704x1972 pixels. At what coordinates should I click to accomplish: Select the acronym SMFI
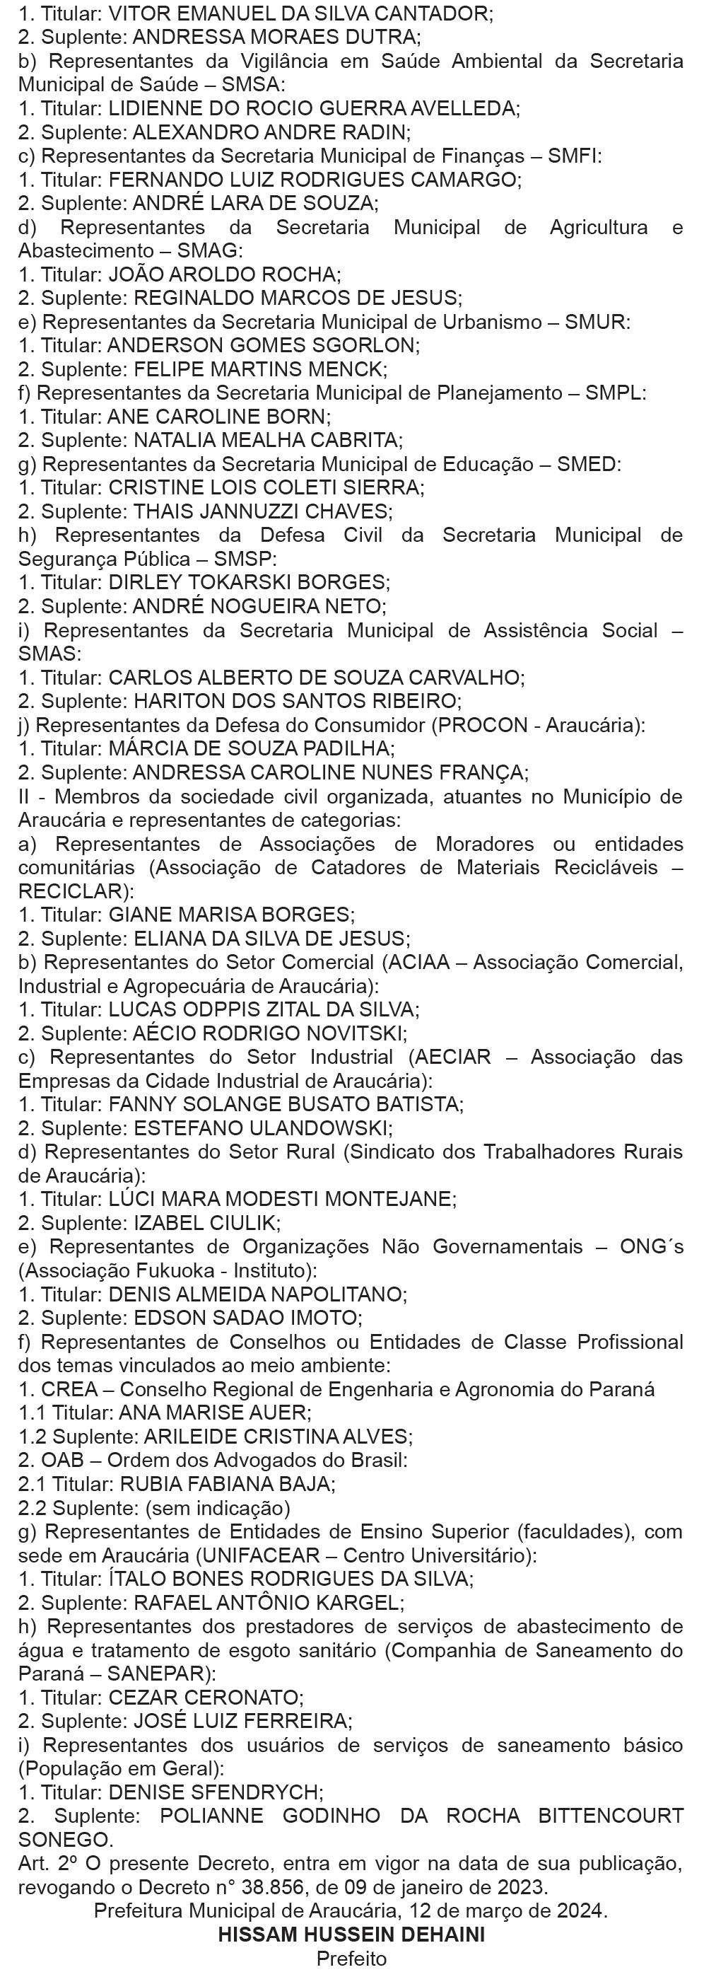pos(573,156)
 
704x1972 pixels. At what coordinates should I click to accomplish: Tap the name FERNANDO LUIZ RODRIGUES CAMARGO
pos(314,180)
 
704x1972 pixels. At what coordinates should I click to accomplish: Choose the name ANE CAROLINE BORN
pos(219,417)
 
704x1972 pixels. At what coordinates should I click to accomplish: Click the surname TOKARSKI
pos(250,583)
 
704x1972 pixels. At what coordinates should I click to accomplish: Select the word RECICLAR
pos(72,891)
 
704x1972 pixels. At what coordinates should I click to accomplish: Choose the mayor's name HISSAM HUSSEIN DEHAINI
pos(351,1935)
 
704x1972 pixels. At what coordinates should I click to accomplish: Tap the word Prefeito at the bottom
pos(351,1959)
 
